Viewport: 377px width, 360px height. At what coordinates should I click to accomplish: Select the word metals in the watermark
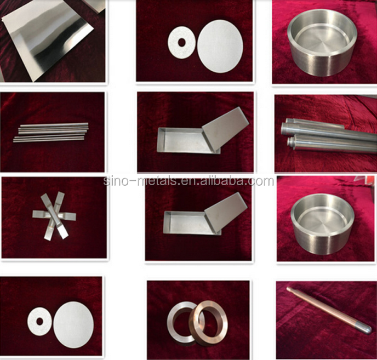click(158, 181)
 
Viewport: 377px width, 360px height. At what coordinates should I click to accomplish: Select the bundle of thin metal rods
click(51, 132)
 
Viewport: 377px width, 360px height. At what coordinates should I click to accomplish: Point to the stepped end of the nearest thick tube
click(291, 143)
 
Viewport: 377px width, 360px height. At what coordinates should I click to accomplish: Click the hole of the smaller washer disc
click(39, 321)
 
